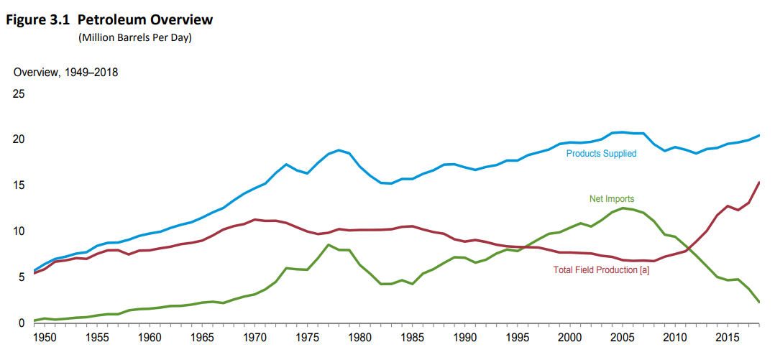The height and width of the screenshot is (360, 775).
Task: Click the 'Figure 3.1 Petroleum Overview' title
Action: [109, 19]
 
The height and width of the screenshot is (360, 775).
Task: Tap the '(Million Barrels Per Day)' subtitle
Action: [134, 38]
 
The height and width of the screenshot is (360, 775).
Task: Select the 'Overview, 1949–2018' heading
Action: [65, 72]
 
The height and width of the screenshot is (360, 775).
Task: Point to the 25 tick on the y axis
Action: [19, 93]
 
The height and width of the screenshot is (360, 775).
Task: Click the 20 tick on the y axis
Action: [19, 139]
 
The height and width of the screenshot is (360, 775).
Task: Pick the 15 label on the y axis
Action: [19, 185]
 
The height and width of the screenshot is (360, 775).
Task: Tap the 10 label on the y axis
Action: [19, 231]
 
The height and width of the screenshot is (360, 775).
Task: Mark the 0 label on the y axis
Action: [22, 323]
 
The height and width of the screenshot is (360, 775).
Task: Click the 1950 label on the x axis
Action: [45, 337]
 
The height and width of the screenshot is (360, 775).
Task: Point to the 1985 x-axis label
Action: [411, 337]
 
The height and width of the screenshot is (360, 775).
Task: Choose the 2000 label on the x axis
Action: [569, 337]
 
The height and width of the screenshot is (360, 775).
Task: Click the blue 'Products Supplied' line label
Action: [601, 154]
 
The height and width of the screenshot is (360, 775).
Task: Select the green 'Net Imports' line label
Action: [611, 199]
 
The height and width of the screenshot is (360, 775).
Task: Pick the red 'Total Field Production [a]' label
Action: [601, 270]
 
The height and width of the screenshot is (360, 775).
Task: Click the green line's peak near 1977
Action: [328, 245]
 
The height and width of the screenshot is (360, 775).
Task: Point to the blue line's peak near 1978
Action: [339, 150]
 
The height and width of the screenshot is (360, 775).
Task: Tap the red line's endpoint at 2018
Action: [760, 183]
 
